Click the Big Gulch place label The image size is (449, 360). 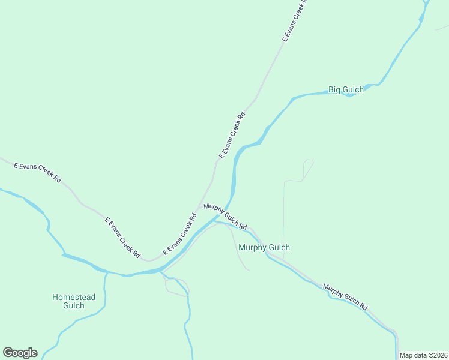[346, 90]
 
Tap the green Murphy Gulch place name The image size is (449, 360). [264, 247]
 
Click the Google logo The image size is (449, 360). [20, 353]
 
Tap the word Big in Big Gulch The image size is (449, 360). [334, 90]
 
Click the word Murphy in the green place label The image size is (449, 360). [250, 247]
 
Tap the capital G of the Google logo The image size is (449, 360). [8, 352]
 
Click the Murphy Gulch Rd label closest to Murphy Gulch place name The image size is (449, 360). [225, 217]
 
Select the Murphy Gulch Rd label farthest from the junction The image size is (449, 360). [345, 296]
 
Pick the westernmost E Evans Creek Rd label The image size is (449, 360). [37, 171]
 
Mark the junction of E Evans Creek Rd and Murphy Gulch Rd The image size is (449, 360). [200, 208]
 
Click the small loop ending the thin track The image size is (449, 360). [309, 162]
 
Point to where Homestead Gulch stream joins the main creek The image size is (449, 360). [107, 273]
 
